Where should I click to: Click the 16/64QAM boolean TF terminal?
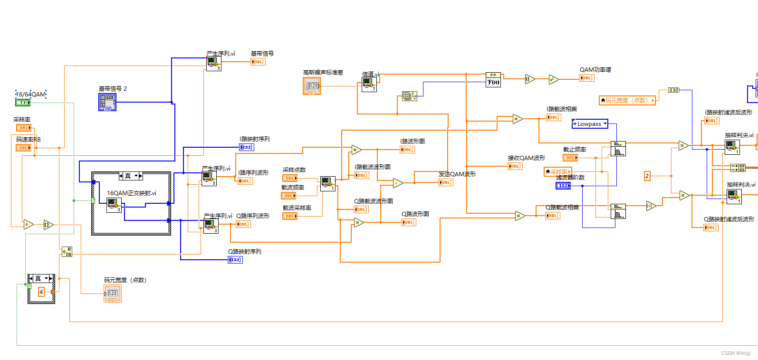[x=23, y=103]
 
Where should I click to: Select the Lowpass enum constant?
[x=589, y=124]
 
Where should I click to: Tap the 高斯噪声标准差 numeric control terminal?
[x=312, y=86]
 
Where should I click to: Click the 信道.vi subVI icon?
[x=369, y=85]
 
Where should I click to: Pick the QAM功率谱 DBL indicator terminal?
[x=586, y=78]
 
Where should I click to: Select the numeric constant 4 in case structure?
[x=41, y=292]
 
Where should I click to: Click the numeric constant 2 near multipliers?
[x=647, y=176]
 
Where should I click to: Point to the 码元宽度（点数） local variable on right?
[x=627, y=100]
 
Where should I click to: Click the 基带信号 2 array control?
[x=107, y=102]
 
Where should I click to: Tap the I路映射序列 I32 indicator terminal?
[x=246, y=147]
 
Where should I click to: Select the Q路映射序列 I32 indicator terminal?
[x=235, y=260]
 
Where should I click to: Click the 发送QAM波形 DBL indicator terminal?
[x=445, y=182]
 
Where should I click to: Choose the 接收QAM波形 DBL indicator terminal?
[x=515, y=166]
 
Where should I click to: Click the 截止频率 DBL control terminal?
[x=570, y=158]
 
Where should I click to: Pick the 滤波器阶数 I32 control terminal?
[x=563, y=186]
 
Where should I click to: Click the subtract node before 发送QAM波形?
[x=398, y=183]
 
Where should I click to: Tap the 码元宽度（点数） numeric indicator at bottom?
[x=113, y=294]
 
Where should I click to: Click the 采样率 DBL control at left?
[x=24, y=128]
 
